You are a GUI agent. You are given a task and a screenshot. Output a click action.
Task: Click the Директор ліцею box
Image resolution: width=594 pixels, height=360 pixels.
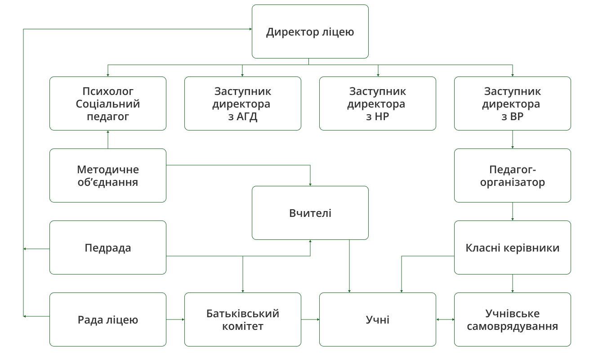tap(310, 31)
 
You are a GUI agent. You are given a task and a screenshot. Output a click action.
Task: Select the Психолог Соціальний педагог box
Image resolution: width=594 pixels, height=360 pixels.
tap(108, 103)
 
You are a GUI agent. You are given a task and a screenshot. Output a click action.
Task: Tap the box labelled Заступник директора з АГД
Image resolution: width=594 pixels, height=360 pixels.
tap(243, 103)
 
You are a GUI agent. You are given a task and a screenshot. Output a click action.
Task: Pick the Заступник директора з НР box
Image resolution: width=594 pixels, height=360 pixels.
tap(378, 103)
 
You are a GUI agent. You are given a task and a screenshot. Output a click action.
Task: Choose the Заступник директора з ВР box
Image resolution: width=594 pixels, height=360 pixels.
tap(513, 103)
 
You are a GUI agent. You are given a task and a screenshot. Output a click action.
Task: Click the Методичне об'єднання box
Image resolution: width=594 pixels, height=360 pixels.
tap(108, 175)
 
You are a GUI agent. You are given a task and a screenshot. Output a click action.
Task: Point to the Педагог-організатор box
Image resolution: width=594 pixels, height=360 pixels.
tap(513, 175)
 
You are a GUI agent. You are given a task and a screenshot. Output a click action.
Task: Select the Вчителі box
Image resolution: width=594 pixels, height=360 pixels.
tap(310, 212)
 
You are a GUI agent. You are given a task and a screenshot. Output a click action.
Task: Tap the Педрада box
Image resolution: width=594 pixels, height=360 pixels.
tap(108, 247)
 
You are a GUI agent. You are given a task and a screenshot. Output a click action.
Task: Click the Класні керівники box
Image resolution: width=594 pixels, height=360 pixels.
tap(513, 247)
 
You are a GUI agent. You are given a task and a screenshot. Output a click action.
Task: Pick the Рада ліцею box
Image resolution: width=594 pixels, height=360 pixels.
tap(108, 319)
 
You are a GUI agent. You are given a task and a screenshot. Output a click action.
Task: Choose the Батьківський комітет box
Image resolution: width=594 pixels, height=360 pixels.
tap(243, 319)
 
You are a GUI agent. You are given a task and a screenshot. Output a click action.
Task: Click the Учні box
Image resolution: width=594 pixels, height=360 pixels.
tap(378, 319)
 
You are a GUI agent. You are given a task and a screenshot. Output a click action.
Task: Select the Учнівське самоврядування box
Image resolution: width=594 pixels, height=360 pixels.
tap(513, 319)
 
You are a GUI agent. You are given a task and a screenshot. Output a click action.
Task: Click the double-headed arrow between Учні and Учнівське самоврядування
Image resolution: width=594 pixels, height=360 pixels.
tap(445, 319)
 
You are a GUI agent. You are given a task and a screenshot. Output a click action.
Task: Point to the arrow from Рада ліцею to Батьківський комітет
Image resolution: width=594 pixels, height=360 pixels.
tap(175, 319)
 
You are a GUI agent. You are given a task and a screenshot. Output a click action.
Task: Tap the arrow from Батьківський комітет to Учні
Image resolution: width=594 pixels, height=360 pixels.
tap(310, 319)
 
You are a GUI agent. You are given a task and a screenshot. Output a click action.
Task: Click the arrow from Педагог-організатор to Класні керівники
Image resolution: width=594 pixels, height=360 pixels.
tap(513, 211)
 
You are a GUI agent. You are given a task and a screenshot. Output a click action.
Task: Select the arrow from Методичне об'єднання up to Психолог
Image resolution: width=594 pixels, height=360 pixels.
tap(108, 139)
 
